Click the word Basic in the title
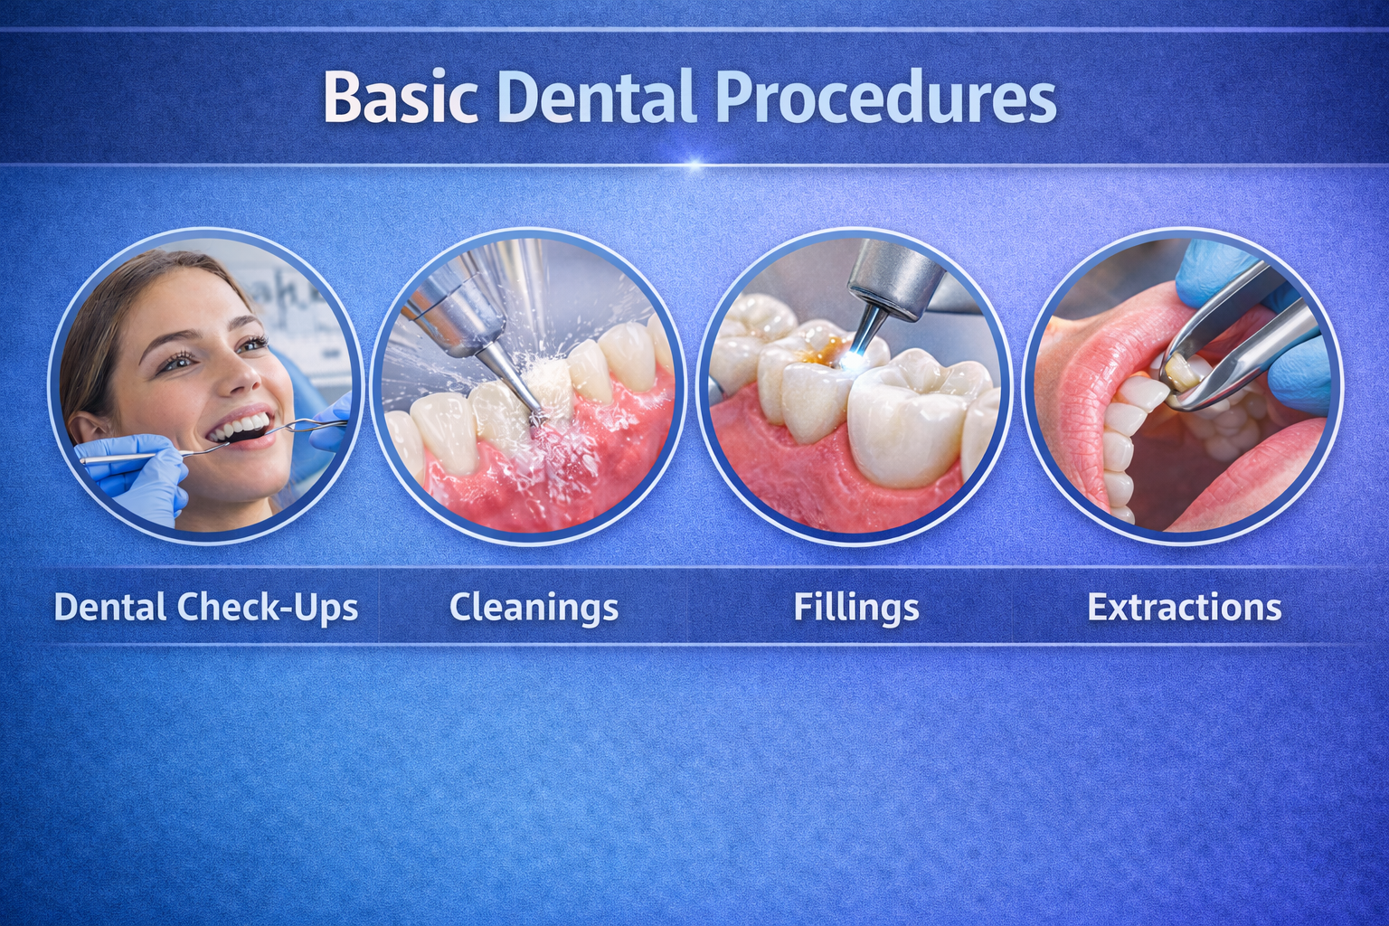401,97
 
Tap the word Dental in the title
597,97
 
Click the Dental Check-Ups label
206,607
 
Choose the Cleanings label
534,608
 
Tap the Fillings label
856,608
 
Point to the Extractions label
1184,607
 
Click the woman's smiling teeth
241,428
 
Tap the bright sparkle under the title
695,165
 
